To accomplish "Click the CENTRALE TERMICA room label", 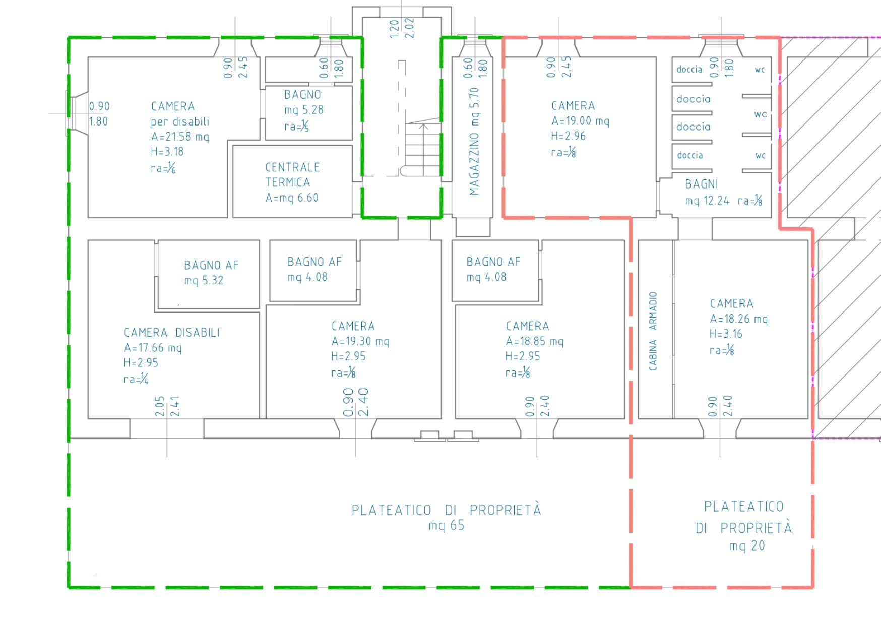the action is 292,182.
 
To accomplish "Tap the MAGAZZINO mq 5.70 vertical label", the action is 474,141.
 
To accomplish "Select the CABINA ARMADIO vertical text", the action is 653,331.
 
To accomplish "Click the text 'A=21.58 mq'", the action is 180,137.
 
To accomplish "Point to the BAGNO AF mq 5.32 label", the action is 211,273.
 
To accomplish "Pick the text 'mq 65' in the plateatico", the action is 447,526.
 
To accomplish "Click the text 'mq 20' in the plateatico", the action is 747,546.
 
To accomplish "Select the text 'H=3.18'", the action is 167,152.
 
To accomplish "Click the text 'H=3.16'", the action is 726,334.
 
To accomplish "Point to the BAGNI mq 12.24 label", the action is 723,193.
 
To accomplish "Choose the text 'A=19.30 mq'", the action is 360,342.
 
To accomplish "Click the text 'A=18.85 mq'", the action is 535,342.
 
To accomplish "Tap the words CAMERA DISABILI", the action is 172,333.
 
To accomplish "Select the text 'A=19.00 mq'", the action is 580,121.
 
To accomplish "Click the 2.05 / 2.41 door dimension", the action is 167,406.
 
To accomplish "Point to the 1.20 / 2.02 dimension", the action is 402,29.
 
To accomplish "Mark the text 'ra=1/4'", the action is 136,379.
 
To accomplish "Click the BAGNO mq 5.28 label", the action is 303,110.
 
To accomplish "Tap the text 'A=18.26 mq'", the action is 739,319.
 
